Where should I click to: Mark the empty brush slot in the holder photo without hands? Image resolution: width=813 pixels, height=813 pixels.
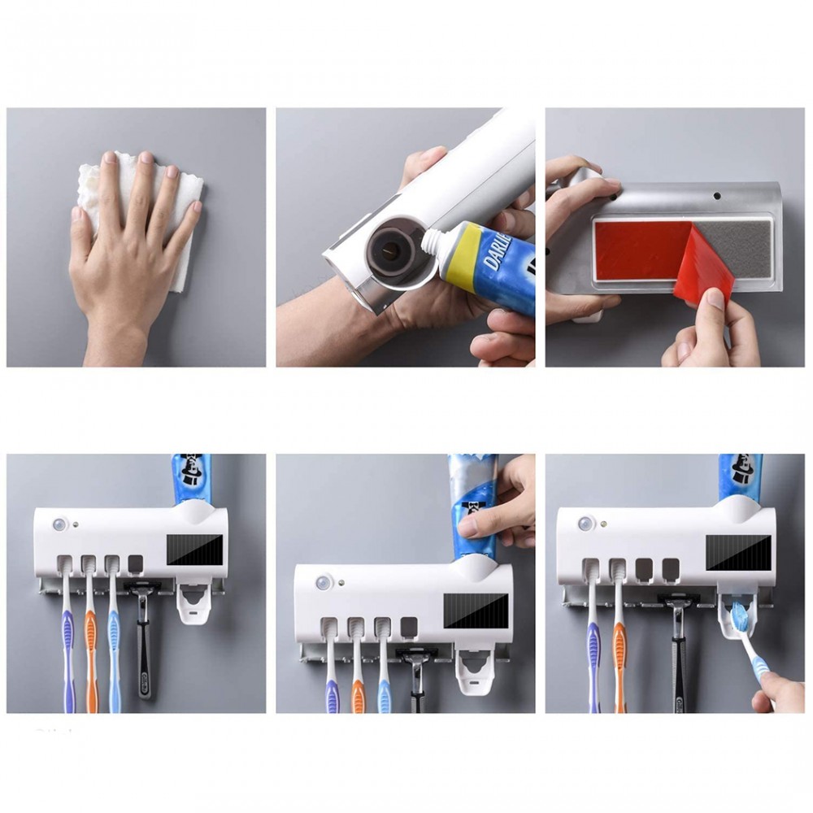[x=135, y=563]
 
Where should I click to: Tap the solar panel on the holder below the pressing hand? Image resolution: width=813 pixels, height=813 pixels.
[x=476, y=609]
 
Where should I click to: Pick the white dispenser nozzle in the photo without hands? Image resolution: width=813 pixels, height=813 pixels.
[x=191, y=605]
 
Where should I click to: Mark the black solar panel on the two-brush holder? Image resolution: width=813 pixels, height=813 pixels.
[x=737, y=552]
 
